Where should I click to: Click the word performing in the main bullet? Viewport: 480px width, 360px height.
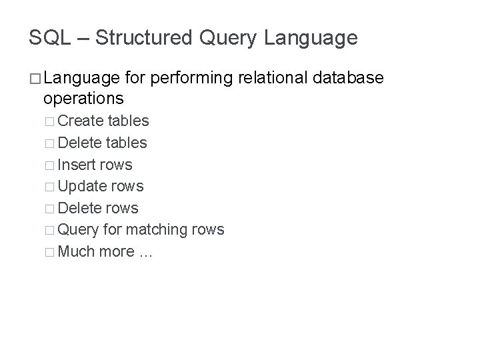tap(189, 78)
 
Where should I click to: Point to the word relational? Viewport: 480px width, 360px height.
tap(271, 78)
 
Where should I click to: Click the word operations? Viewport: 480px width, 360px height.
tap(83, 99)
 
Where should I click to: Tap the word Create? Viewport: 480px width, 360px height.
tap(81, 121)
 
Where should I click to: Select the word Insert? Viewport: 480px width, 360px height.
tap(77, 165)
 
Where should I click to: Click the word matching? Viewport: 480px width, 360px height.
tap(157, 230)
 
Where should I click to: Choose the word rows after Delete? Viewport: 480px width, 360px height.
tap(123, 208)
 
